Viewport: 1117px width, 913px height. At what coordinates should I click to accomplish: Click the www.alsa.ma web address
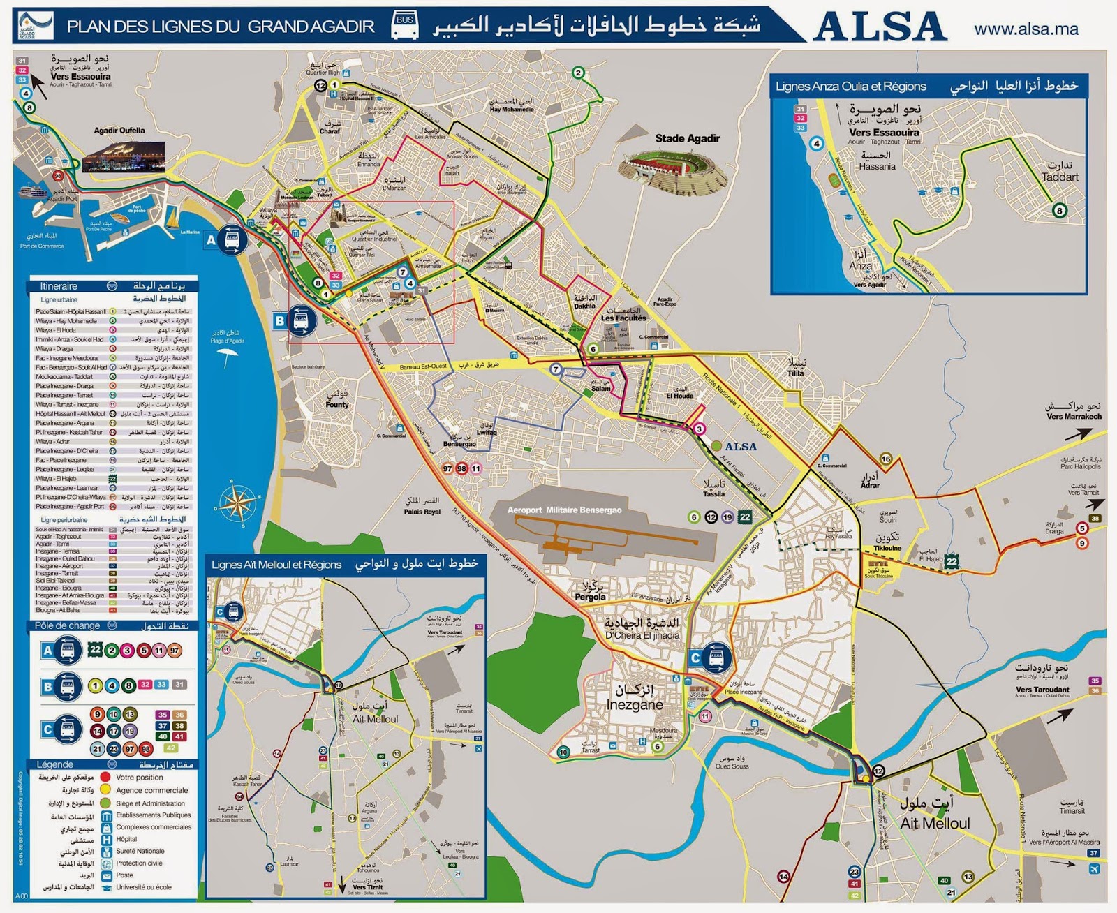click(1026, 29)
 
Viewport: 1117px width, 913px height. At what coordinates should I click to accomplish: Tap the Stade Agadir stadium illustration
click(673, 171)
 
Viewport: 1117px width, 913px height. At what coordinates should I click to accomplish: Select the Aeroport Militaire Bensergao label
click(564, 510)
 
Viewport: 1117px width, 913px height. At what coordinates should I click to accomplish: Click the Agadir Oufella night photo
click(124, 157)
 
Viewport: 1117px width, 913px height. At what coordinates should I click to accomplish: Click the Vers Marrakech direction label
click(1073, 417)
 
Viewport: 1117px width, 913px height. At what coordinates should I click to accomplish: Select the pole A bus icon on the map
click(232, 240)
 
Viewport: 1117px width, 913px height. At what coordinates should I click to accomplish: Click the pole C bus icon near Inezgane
click(716, 658)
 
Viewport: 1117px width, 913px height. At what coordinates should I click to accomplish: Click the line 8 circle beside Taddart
click(1059, 210)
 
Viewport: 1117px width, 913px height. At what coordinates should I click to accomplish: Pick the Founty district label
click(336, 404)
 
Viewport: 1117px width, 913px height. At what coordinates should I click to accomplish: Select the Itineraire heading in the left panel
click(59, 286)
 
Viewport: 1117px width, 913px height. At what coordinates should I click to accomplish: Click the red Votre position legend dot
click(105, 777)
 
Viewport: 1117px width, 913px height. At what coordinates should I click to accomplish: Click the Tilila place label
click(795, 373)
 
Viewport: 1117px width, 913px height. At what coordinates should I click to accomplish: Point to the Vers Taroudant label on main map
click(1042, 690)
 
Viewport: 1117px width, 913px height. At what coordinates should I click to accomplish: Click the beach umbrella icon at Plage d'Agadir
click(226, 357)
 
